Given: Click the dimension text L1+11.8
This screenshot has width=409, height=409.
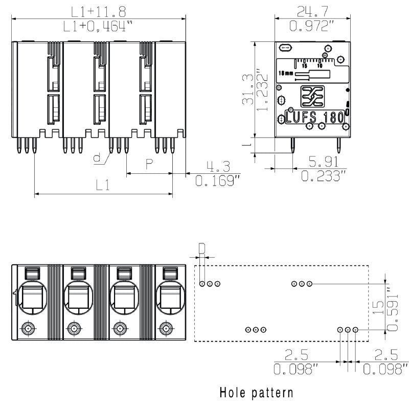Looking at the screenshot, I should (x=98, y=11).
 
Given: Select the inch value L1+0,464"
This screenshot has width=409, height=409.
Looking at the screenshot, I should (x=99, y=27).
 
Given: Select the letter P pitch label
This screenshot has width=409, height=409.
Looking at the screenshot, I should (x=149, y=164).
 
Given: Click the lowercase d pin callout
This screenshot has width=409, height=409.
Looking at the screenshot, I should (x=98, y=158).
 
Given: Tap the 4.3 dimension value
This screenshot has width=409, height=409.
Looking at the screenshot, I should (x=218, y=167).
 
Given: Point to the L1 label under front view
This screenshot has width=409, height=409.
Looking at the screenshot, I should (x=103, y=186).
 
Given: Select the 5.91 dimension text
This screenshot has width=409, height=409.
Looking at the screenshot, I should (x=323, y=162).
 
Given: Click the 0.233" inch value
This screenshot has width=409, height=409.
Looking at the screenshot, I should (x=323, y=176).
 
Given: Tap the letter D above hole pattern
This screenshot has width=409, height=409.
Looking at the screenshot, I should (x=202, y=249).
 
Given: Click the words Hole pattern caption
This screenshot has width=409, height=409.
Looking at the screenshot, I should (x=256, y=393).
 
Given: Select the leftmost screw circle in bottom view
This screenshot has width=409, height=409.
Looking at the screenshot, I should (x=29, y=328).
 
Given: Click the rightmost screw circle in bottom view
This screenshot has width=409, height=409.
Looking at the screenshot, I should (x=165, y=328).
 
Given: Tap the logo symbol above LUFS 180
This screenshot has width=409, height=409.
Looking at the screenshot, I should (x=312, y=95).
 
